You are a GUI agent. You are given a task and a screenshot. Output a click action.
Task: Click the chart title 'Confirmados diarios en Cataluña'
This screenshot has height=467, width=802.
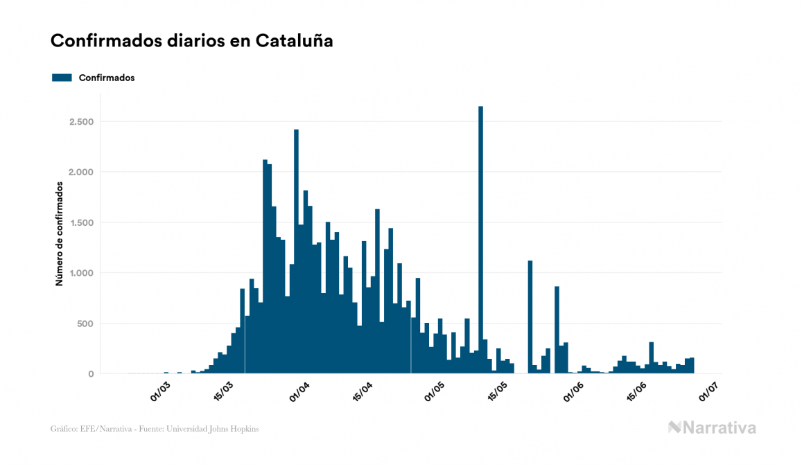(191, 41)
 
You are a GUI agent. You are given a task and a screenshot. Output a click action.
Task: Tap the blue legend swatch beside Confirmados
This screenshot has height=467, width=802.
(62, 78)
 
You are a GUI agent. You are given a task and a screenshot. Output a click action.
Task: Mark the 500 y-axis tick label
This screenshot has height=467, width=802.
(85, 324)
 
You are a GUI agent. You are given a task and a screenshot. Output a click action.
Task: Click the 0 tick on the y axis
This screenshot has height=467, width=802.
(90, 374)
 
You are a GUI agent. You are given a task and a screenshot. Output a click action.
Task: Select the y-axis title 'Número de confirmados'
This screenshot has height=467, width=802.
(60, 234)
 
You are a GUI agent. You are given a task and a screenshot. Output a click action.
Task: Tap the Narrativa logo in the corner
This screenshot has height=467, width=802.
(712, 428)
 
